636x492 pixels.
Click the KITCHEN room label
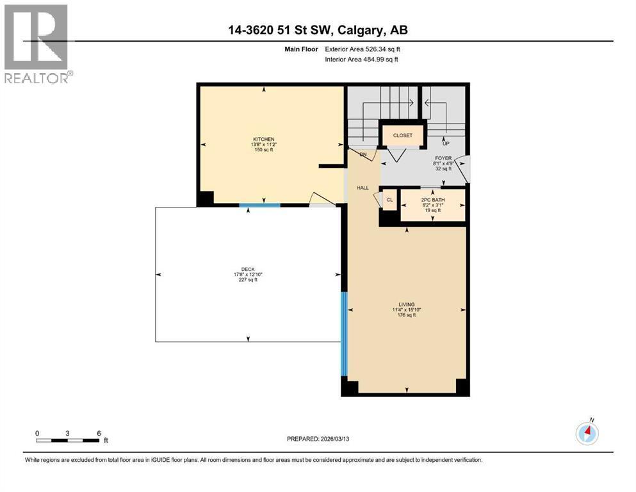tap(263, 139)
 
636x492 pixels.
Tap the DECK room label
tap(248, 269)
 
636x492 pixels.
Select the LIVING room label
tap(406, 304)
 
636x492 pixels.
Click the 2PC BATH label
tap(433, 199)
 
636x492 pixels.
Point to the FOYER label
tap(444, 158)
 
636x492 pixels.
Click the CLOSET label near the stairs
tap(403, 135)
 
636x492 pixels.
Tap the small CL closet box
tap(389, 200)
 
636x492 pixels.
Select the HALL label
tap(363, 188)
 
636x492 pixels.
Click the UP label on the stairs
tap(446, 143)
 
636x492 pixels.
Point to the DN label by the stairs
tap(363, 154)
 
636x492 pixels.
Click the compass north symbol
tap(587, 433)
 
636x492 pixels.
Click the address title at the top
tap(318, 30)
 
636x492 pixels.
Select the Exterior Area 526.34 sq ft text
tap(365, 49)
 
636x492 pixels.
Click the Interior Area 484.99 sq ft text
tap(364, 60)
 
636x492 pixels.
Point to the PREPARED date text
tap(318, 439)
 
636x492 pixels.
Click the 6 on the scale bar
tap(98, 433)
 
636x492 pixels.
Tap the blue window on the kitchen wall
tap(259, 205)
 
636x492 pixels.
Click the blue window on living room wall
tap(344, 333)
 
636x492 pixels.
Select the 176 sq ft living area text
tap(406, 315)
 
